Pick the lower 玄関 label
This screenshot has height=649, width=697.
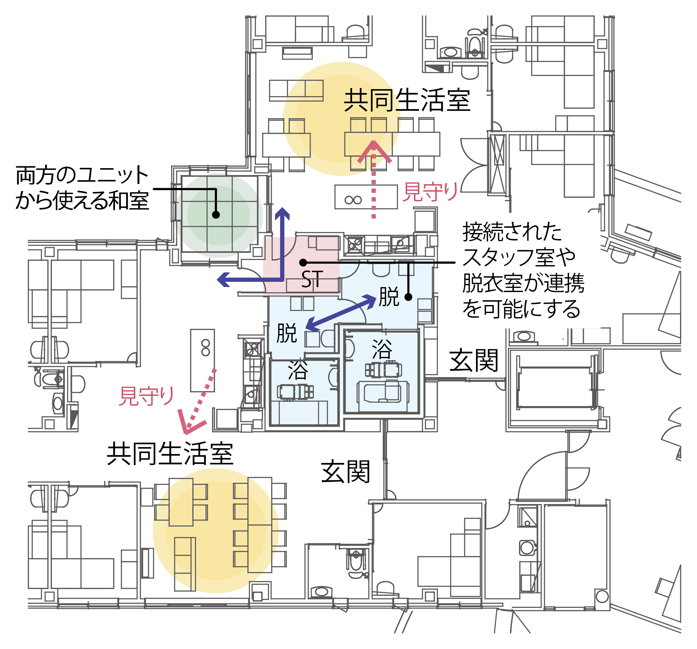pyautogui.click(x=346, y=472)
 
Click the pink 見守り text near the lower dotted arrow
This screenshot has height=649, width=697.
pyautogui.click(x=147, y=396)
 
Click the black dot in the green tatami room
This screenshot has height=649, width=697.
pyautogui.click(x=216, y=214)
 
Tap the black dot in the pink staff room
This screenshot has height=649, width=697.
pyautogui.click(x=303, y=263)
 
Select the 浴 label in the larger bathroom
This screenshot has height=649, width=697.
pyautogui.click(x=382, y=349)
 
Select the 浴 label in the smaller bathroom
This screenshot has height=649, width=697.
pyautogui.click(x=298, y=370)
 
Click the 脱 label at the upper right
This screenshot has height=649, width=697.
pyautogui.click(x=389, y=297)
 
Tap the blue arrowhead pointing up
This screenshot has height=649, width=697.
pyautogui.click(x=282, y=213)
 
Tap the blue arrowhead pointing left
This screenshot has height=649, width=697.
pyautogui.click(x=223, y=279)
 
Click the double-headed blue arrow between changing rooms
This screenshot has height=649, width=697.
pyautogui.click(x=341, y=312)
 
